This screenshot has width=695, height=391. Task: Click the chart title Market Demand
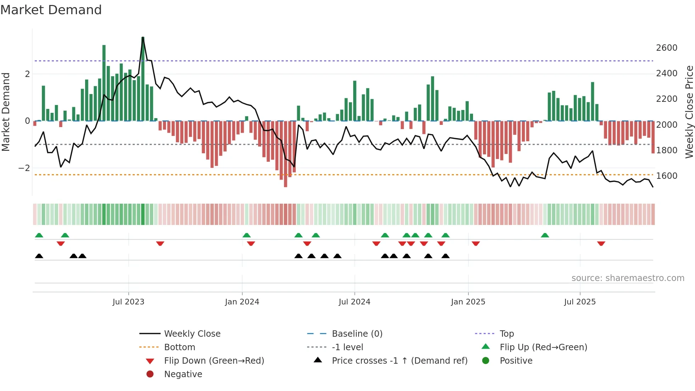pyautogui.click(x=51, y=10)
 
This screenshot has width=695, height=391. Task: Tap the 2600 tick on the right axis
pyautogui.click(x=666, y=48)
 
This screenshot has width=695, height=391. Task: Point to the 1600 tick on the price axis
pyautogui.click(x=666, y=176)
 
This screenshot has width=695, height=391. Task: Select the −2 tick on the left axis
pyautogui.click(x=24, y=168)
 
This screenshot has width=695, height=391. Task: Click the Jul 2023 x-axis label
pyautogui.click(x=128, y=302)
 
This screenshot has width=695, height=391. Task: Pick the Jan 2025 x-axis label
pyautogui.click(x=468, y=302)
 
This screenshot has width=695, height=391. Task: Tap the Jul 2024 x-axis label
pyautogui.click(x=354, y=302)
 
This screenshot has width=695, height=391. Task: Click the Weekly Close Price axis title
pyautogui.click(x=689, y=112)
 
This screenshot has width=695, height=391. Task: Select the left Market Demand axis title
pyautogui.click(x=6, y=112)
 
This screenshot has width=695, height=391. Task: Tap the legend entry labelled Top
pyautogui.click(x=506, y=334)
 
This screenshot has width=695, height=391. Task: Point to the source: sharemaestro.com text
pyautogui.click(x=628, y=278)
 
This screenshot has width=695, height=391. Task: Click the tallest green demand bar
pyautogui.click(x=143, y=78)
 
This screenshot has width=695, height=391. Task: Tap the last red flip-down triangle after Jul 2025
pyautogui.click(x=601, y=244)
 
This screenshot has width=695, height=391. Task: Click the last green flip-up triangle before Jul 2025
pyautogui.click(x=545, y=235)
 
